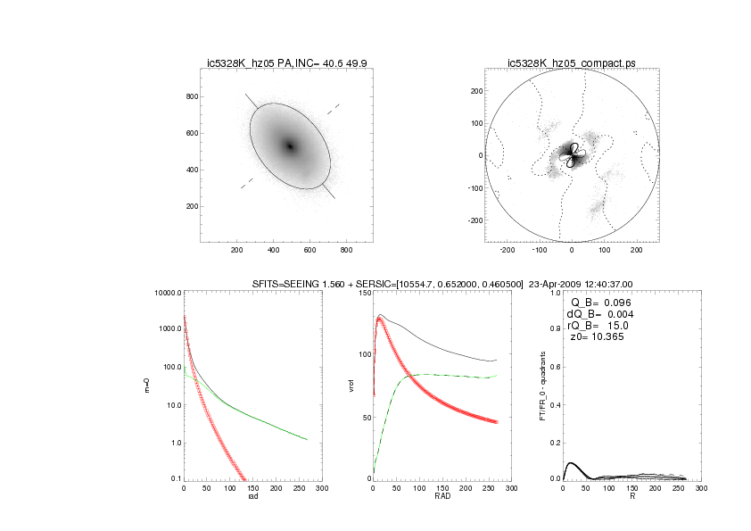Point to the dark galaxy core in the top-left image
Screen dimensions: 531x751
click(x=289, y=145)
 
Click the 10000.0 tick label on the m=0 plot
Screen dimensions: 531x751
click(x=167, y=293)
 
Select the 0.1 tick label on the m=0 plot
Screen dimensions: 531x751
click(x=175, y=479)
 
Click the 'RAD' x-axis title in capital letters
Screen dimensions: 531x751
click(x=442, y=497)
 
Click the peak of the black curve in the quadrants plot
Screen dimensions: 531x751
click(x=571, y=463)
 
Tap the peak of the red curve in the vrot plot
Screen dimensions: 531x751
click(x=380, y=319)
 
